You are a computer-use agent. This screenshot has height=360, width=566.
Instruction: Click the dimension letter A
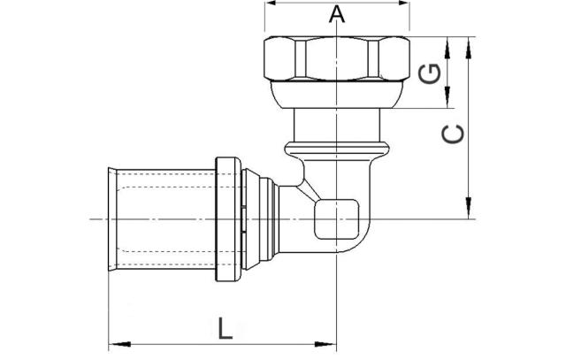(336, 15)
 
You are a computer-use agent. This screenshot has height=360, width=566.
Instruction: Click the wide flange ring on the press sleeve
(227, 218)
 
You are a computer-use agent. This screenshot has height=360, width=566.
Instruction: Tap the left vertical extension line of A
(264, 22)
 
